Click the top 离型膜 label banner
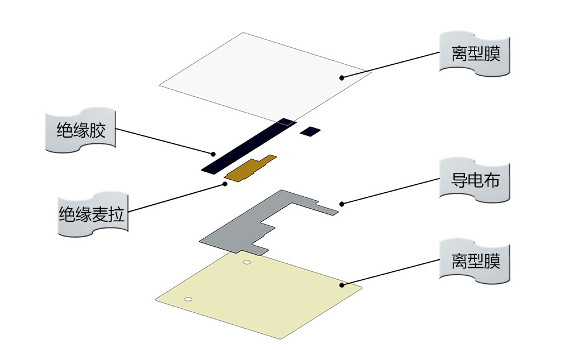[x=475, y=54]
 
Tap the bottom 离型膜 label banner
[x=475, y=262]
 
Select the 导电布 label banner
[x=475, y=181]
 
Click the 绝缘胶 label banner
[x=81, y=131]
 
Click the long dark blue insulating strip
[x=250, y=146]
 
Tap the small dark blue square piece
[x=311, y=131]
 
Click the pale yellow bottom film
[x=262, y=296]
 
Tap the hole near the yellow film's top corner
[x=247, y=262]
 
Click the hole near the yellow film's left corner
[x=188, y=299]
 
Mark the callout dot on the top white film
[x=342, y=77]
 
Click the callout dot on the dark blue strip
[x=213, y=154]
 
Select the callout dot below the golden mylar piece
[x=225, y=184]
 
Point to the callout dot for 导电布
[x=341, y=203]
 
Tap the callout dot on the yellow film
[x=342, y=284]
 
